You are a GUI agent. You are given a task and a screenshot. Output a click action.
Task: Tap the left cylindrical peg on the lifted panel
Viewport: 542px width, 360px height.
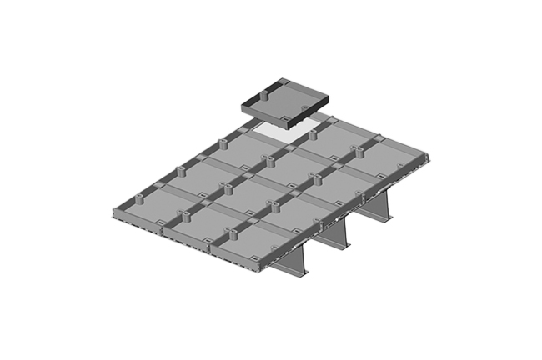[x=261, y=95]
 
